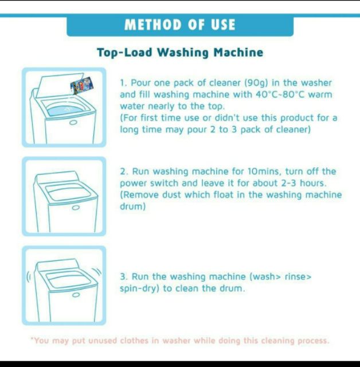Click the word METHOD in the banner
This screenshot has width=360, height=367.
tap(153, 25)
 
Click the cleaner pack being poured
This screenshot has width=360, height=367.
tap(81, 85)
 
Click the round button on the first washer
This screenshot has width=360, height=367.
tap(73, 123)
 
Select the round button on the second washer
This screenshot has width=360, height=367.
tap(76, 208)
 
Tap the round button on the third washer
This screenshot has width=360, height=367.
tap(76, 295)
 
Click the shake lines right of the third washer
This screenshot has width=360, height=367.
tap(97, 272)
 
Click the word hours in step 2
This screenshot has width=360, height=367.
tap(313, 183)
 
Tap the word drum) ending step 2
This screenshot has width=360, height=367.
tap(132, 206)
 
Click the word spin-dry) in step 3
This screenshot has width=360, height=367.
tap(139, 288)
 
